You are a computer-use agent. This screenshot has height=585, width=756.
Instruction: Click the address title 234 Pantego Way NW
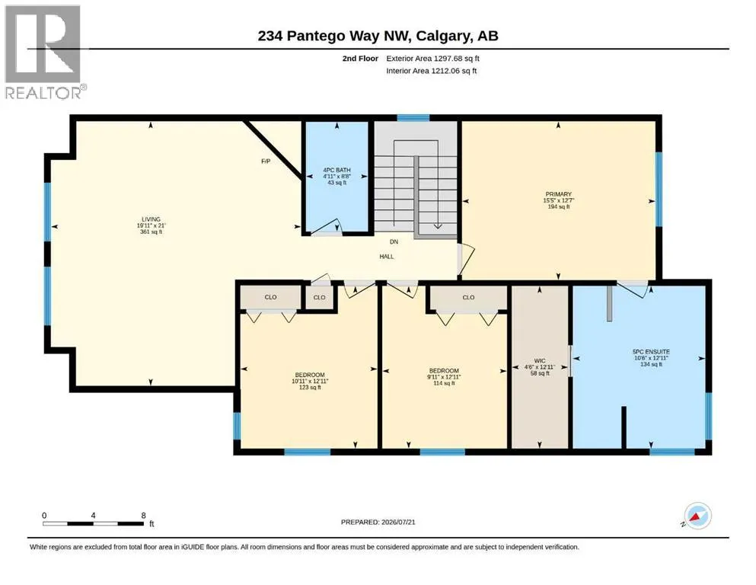pos(333,36)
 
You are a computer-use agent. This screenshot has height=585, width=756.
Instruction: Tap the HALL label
pos(386,257)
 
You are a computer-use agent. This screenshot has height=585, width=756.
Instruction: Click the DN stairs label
pos(394,241)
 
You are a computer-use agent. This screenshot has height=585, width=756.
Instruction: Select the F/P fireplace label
pos(265,161)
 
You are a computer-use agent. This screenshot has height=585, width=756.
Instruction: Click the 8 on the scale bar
pos(143,515)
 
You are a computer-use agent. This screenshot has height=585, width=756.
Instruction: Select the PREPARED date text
pos(378,522)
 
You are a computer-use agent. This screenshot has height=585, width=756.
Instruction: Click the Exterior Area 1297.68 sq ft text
pos(432,59)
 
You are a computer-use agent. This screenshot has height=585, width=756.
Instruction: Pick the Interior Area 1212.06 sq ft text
pos(432,71)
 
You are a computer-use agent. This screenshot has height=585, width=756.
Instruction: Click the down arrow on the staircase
pos(438,225)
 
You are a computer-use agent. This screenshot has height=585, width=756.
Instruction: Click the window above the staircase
pos(413,117)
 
